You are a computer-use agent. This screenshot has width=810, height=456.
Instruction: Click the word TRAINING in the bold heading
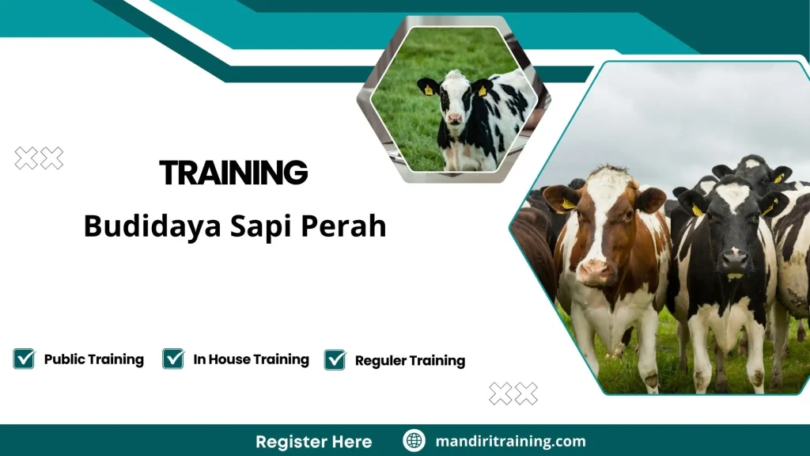233,173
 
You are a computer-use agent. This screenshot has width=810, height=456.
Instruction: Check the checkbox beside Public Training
24,359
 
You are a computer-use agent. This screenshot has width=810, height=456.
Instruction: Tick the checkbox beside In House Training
173,359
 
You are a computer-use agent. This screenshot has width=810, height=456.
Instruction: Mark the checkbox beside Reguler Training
335,360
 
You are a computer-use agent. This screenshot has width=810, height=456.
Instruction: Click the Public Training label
93,359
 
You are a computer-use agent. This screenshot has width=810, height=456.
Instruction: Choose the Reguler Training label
410,361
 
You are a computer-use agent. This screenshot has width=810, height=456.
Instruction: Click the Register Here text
313,442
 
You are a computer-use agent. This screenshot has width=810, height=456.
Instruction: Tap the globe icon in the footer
414,441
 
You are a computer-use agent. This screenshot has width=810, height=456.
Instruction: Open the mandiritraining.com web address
510,442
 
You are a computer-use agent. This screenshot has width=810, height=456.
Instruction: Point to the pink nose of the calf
455,119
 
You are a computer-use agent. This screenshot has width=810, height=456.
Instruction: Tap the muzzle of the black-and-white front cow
733,262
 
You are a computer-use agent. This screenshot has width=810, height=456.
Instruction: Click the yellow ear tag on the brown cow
567,204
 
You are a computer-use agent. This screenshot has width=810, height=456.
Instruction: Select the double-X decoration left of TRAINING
40,158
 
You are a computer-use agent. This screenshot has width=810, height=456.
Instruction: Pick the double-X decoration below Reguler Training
513,393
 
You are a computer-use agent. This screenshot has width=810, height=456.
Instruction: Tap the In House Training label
251,359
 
